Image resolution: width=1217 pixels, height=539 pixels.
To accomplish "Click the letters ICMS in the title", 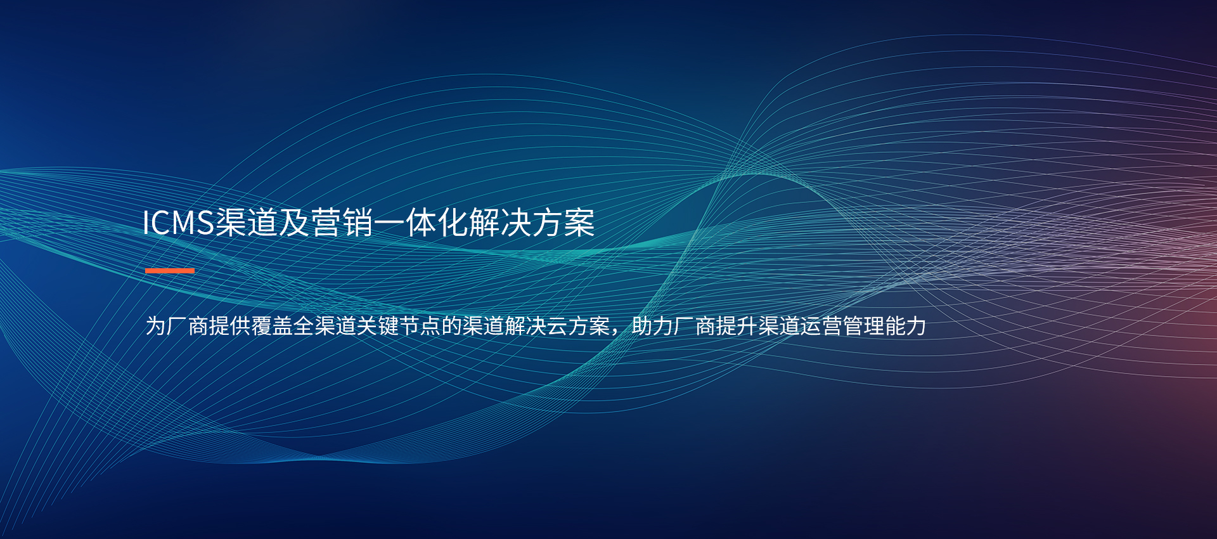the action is [x=178, y=223].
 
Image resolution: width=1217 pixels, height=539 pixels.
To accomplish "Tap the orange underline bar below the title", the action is [x=170, y=271].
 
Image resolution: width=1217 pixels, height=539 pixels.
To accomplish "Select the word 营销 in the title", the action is [x=342, y=223].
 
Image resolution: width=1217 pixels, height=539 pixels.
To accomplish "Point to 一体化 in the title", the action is [x=421, y=223].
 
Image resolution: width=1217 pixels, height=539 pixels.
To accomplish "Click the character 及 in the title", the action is [x=294, y=223].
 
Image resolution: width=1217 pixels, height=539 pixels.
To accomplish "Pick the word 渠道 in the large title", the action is [x=247, y=223].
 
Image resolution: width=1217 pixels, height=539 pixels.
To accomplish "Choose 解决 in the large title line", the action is [x=500, y=223].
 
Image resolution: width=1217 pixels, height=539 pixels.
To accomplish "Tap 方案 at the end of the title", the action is [x=563, y=223].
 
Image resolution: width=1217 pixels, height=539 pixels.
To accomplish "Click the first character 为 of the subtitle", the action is [x=156, y=326].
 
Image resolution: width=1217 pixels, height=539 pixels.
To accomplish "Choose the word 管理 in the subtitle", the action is [x=864, y=326].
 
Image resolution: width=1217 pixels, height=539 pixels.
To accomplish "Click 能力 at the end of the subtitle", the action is [x=906, y=326].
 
